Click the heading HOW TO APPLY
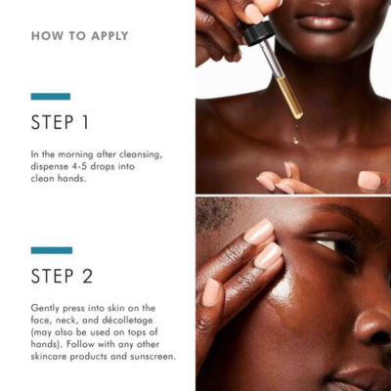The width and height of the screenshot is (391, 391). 79,36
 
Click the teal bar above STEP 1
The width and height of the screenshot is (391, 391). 50,97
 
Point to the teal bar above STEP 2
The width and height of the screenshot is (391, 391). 50,250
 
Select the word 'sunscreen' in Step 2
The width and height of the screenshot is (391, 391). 152,356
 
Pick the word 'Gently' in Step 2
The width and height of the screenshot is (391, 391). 47,308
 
